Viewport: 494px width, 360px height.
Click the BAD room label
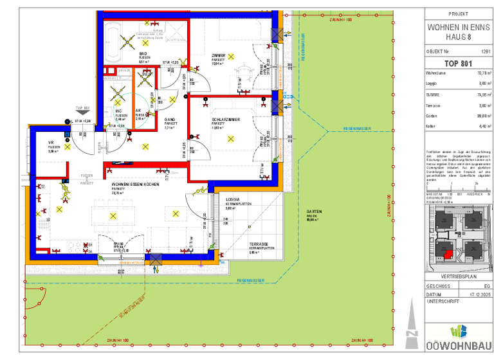143,54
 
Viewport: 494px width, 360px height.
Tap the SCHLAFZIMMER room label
226,120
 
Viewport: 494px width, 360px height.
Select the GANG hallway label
170,120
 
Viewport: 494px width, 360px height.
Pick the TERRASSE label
259,244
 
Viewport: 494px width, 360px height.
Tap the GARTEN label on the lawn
314,213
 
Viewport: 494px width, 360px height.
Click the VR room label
51,143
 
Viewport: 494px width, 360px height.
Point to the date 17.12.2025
479,293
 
